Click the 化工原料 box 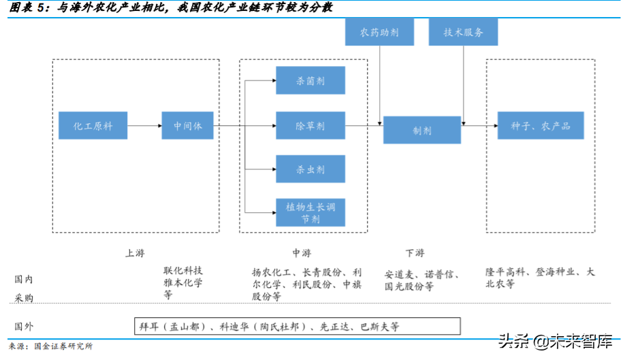tap(93, 126)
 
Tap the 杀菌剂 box tap(310, 80)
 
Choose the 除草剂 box tap(310, 126)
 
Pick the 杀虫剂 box tap(310, 169)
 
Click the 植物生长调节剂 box tap(310, 212)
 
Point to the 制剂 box tap(421, 129)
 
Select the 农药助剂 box tap(379, 32)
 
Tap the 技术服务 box tap(463, 32)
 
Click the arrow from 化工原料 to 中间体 tap(144, 126)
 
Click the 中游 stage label tap(302, 253)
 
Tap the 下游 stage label tap(415, 253)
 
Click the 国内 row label tap(24, 279)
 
